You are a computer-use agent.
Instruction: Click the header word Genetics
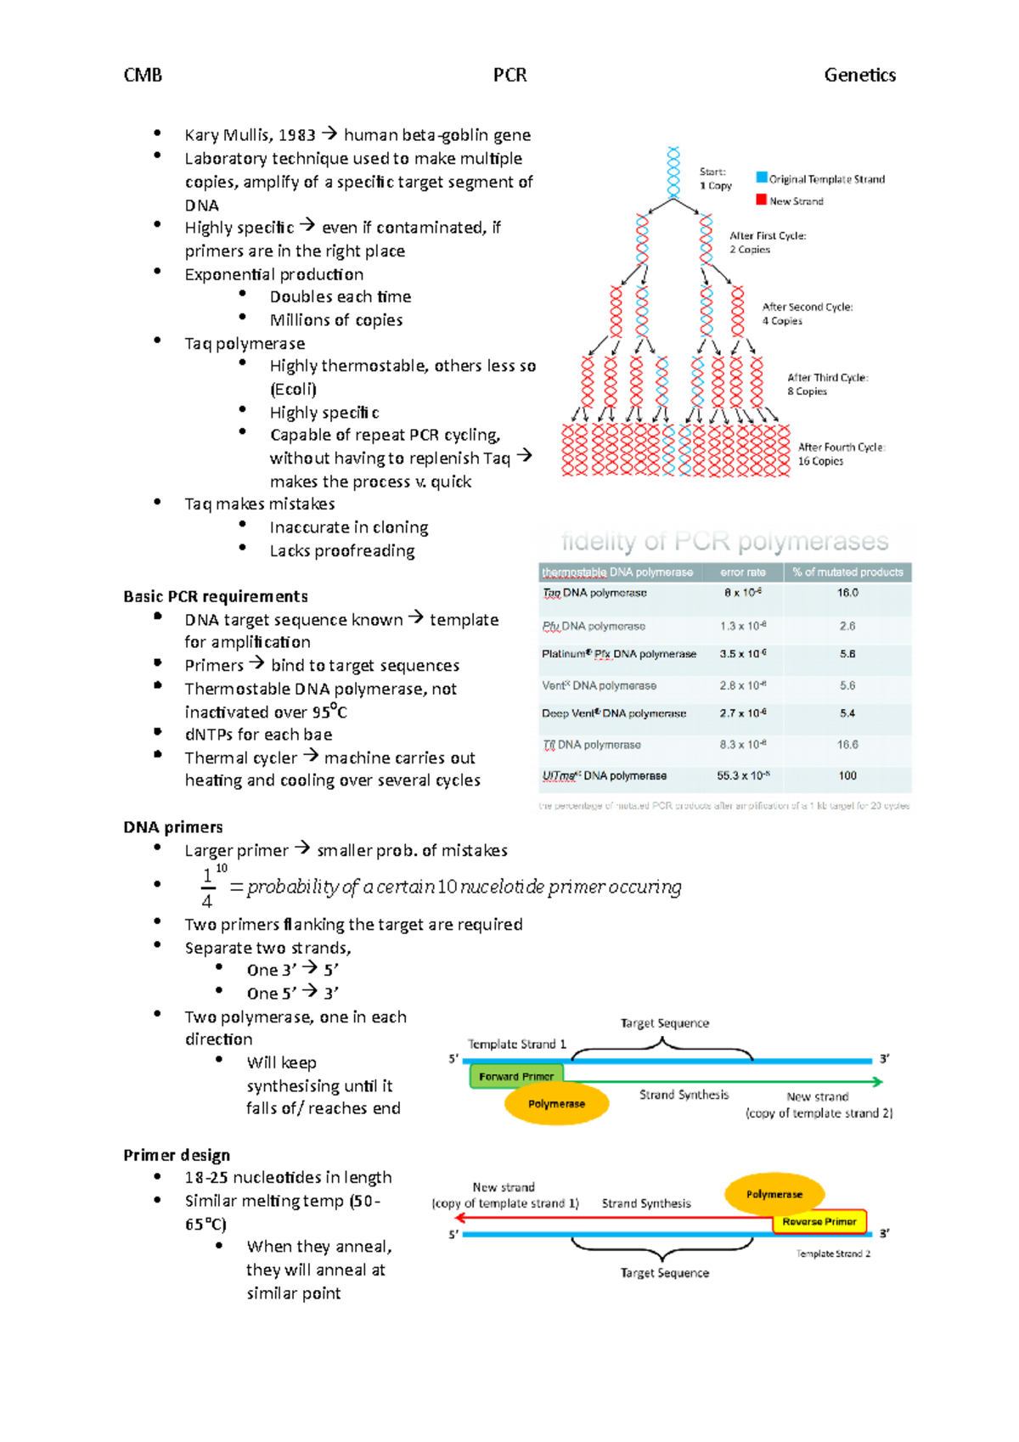point(859,75)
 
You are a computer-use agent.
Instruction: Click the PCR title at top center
point(509,75)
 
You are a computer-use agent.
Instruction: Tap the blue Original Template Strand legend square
point(762,177)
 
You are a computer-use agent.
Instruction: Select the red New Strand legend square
point(762,200)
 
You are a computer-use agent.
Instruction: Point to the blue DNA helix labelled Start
point(673,172)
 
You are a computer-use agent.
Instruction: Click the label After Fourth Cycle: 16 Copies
point(841,453)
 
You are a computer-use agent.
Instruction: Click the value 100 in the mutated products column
point(847,775)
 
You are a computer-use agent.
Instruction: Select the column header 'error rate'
point(743,572)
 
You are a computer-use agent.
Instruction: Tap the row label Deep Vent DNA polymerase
point(614,713)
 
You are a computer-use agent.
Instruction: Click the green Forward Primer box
point(516,1076)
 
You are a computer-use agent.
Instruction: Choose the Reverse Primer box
point(819,1221)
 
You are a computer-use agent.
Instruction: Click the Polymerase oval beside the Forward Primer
point(556,1103)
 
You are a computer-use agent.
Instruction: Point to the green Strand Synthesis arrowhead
point(878,1081)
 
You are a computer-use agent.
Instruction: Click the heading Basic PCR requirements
point(216,596)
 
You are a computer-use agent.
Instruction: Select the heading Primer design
point(177,1155)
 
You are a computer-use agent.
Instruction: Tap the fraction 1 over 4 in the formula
point(207,887)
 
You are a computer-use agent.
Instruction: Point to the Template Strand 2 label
point(833,1253)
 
